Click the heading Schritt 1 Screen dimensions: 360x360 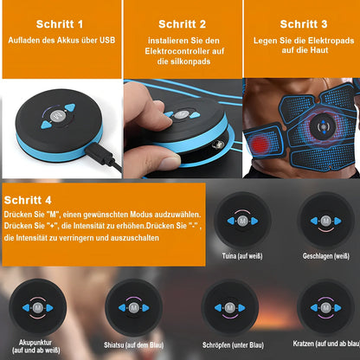(x=60, y=24)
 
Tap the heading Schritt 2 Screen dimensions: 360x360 (x=183, y=24)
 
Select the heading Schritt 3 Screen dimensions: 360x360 (x=304, y=24)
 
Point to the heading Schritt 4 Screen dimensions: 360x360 (x=28, y=200)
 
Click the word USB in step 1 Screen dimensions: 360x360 (x=107, y=40)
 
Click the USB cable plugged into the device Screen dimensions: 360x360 (x=104, y=157)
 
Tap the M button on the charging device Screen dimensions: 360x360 (x=57, y=116)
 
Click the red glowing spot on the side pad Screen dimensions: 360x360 (x=260, y=144)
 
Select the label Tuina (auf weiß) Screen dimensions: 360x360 (x=242, y=256)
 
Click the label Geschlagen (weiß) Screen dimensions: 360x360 (x=326, y=256)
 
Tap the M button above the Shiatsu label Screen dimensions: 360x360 (x=133, y=308)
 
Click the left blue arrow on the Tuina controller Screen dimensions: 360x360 (x=231, y=221)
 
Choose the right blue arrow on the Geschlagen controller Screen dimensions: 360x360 (x=337, y=222)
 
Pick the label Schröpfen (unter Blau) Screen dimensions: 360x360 (x=233, y=345)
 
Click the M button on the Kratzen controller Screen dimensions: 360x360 (x=326, y=307)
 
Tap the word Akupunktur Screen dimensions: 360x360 (x=35, y=343)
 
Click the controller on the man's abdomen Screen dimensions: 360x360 (x=324, y=126)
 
